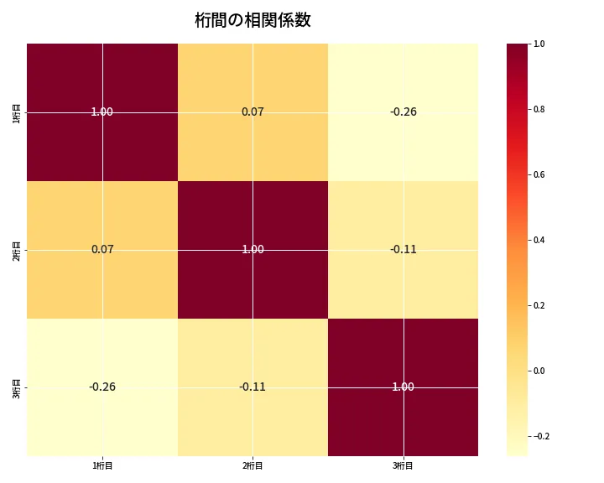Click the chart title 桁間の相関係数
click(253, 20)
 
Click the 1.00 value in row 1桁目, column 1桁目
click(102, 112)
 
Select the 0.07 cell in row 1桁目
click(253, 112)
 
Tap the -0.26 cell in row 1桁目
click(404, 112)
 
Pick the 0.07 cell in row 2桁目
click(102, 249)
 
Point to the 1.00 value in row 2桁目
click(253, 249)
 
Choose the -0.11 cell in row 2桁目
click(404, 249)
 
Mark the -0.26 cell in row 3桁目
click(102, 387)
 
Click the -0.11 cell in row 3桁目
click(253, 387)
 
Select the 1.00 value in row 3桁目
click(404, 387)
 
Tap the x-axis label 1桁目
click(102, 465)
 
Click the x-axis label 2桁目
click(253, 465)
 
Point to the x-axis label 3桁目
click(404, 465)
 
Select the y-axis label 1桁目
click(16, 112)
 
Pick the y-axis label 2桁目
click(16, 250)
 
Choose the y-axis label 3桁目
click(16, 387)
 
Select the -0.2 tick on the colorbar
click(543, 436)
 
